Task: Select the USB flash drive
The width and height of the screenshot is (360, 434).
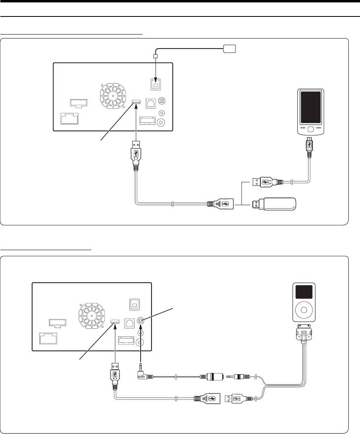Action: [x=276, y=204]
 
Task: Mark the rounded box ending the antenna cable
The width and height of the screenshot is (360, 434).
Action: [x=230, y=49]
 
